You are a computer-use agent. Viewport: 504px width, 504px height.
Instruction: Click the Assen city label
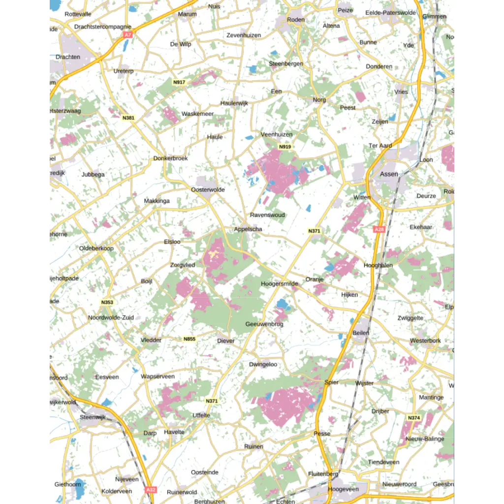pyautogui.click(x=389, y=174)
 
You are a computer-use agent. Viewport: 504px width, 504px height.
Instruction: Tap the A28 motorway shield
pyautogui.click(x=378, y=229)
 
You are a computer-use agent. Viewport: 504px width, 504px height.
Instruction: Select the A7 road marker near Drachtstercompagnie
pyautogui.click(x=128, y=35)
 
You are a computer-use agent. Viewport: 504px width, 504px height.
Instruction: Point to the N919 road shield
pyautogui.click(x=284, y=147)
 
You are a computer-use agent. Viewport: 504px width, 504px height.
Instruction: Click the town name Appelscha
pyautogui.click(x=248, y=229)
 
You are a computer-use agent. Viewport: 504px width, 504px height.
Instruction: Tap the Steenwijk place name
pyautogui.click(x=93, y=417)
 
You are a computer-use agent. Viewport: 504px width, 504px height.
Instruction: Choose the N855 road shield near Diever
pyautogui.click(x=189, y=339)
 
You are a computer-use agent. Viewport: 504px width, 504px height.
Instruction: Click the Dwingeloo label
pyautogui.click(x=263, y=365)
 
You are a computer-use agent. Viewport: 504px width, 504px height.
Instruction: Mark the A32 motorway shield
pyautogui.click(x=151, y=490)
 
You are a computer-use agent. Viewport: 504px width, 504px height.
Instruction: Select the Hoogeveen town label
pyautogui.click(x=344, y=489)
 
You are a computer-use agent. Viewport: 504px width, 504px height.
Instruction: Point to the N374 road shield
pyautogui.click(x=414, y=418)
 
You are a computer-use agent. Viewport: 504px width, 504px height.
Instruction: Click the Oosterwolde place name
pyautogui.click(x=208, y=189)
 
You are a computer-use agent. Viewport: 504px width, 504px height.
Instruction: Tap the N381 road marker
pyautogui.click(x=128, y=118)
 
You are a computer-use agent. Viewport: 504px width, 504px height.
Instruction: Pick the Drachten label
pyautogui.click(x=68, y=57)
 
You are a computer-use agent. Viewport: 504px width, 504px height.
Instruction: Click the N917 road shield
pyautogui.click(x=179, y=82)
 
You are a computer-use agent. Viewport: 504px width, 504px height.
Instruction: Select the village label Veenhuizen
pyautogui.click(x=277, y=134)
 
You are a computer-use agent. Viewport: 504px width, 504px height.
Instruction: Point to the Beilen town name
pyautogui.click(x=361, y=333)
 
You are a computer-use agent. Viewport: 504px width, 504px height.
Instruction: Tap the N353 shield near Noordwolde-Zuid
pyautogui.click(x=107, y=302)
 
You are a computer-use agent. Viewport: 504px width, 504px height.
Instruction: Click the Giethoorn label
pyautogui.click(x=68, y=484)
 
